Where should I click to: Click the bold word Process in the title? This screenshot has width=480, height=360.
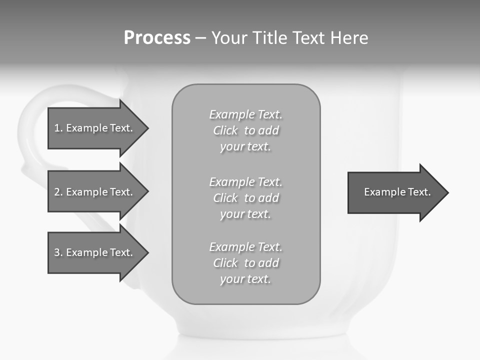coord(157,38)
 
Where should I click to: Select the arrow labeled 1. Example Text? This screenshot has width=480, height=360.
coord(95,128)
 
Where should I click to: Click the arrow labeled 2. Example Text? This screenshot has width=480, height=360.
coord(95,192)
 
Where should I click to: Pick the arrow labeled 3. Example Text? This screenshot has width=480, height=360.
coord(95,252)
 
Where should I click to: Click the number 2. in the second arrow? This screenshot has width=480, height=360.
coord(58,192)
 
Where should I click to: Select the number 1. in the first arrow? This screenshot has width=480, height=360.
coord(58,128)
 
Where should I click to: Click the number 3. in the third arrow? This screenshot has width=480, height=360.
coord(58,252)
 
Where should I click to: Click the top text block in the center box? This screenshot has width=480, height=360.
coord(245,130)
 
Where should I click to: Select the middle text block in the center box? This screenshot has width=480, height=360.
coord(245,198)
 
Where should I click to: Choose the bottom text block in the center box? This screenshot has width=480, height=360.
coord(245,263)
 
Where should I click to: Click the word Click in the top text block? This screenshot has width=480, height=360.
coord(225,130)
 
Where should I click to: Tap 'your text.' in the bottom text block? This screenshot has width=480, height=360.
coord(245,279)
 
